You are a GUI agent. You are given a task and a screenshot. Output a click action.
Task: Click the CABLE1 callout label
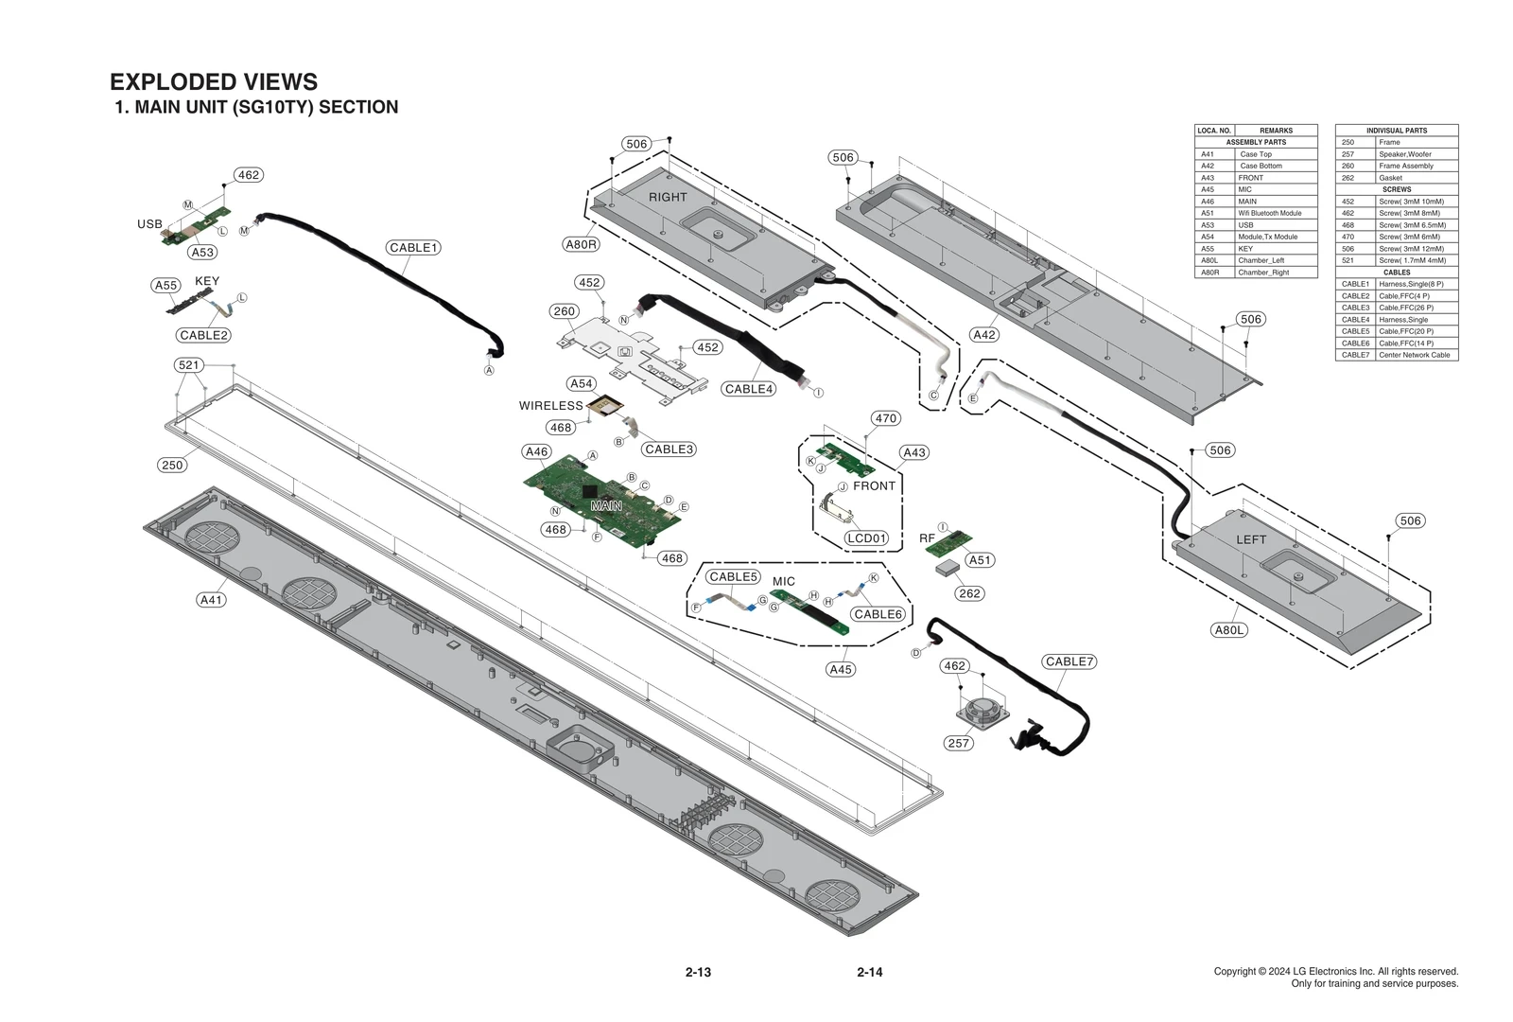coord(413,248)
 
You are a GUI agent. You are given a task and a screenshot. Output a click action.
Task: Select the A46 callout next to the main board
coord(537,451)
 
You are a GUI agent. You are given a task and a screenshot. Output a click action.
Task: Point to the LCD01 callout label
coord(866,538)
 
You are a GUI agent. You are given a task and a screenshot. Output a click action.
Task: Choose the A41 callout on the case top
coord(212,599)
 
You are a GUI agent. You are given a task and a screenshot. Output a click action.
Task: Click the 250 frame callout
coord(172,465)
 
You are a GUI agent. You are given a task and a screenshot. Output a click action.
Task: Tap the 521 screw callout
coord(189,365)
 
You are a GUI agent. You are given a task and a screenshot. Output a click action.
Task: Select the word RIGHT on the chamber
coord(668,197)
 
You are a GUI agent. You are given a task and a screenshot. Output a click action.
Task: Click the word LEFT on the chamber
coord(1250,539)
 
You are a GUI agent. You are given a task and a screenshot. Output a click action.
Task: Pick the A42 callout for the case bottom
coord(984,335)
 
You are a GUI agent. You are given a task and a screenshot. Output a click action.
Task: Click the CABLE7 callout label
coord(1069,661)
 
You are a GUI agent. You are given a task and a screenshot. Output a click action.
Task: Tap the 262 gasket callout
coord(969,593)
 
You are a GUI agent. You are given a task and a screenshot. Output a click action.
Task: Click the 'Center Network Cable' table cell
coord(1414,355)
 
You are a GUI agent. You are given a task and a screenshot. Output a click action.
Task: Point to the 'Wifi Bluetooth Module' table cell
coord(1270,213)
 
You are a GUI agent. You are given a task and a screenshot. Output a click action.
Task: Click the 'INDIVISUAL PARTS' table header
coord(1396,131)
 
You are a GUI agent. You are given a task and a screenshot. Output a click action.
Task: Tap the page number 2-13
coord(698,972)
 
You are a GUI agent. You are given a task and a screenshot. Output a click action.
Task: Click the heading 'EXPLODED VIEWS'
coord(214,82)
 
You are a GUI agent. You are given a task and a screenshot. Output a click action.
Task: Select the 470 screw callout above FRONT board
coord(885,418)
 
